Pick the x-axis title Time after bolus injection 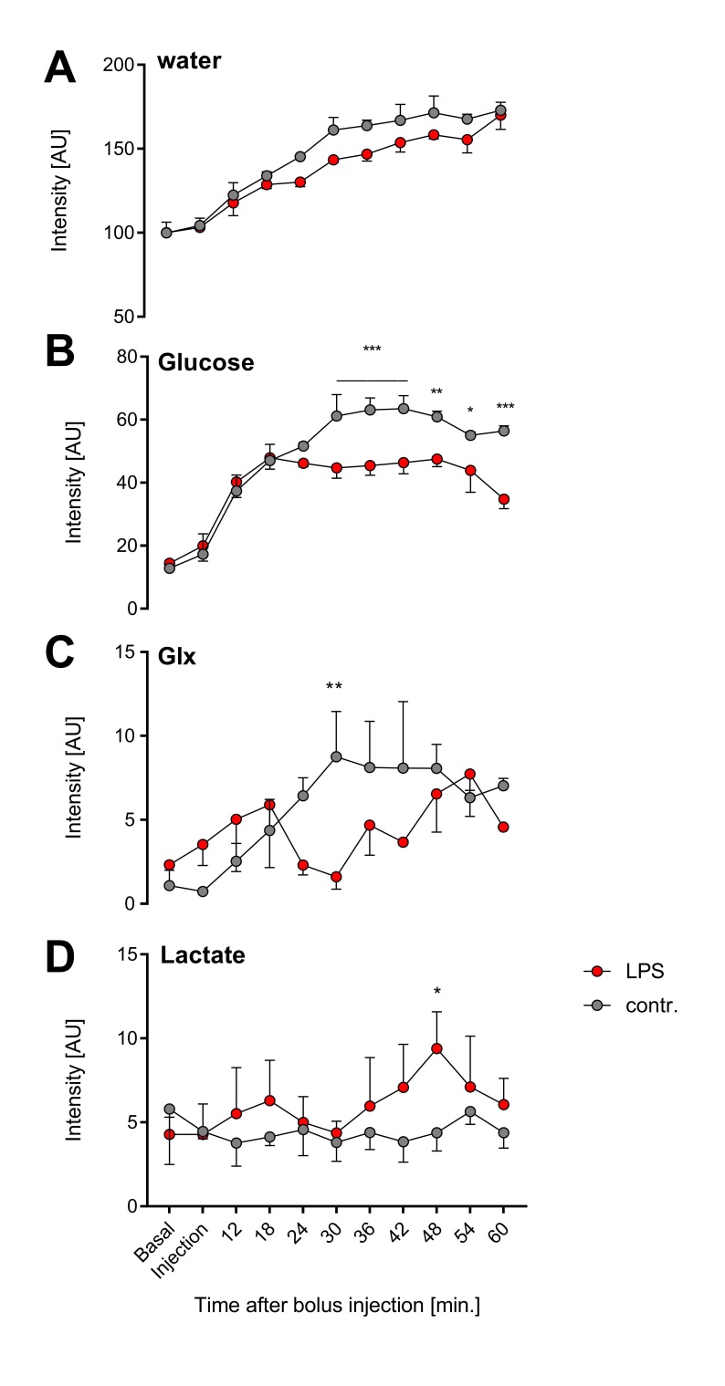pos(336,1306)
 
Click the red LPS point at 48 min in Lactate pos(436,1048)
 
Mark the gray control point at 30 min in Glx pos(336,756)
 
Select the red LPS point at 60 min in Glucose pos(503,499)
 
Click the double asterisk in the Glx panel pos(335,686)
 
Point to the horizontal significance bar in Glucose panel pos(372,380)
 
